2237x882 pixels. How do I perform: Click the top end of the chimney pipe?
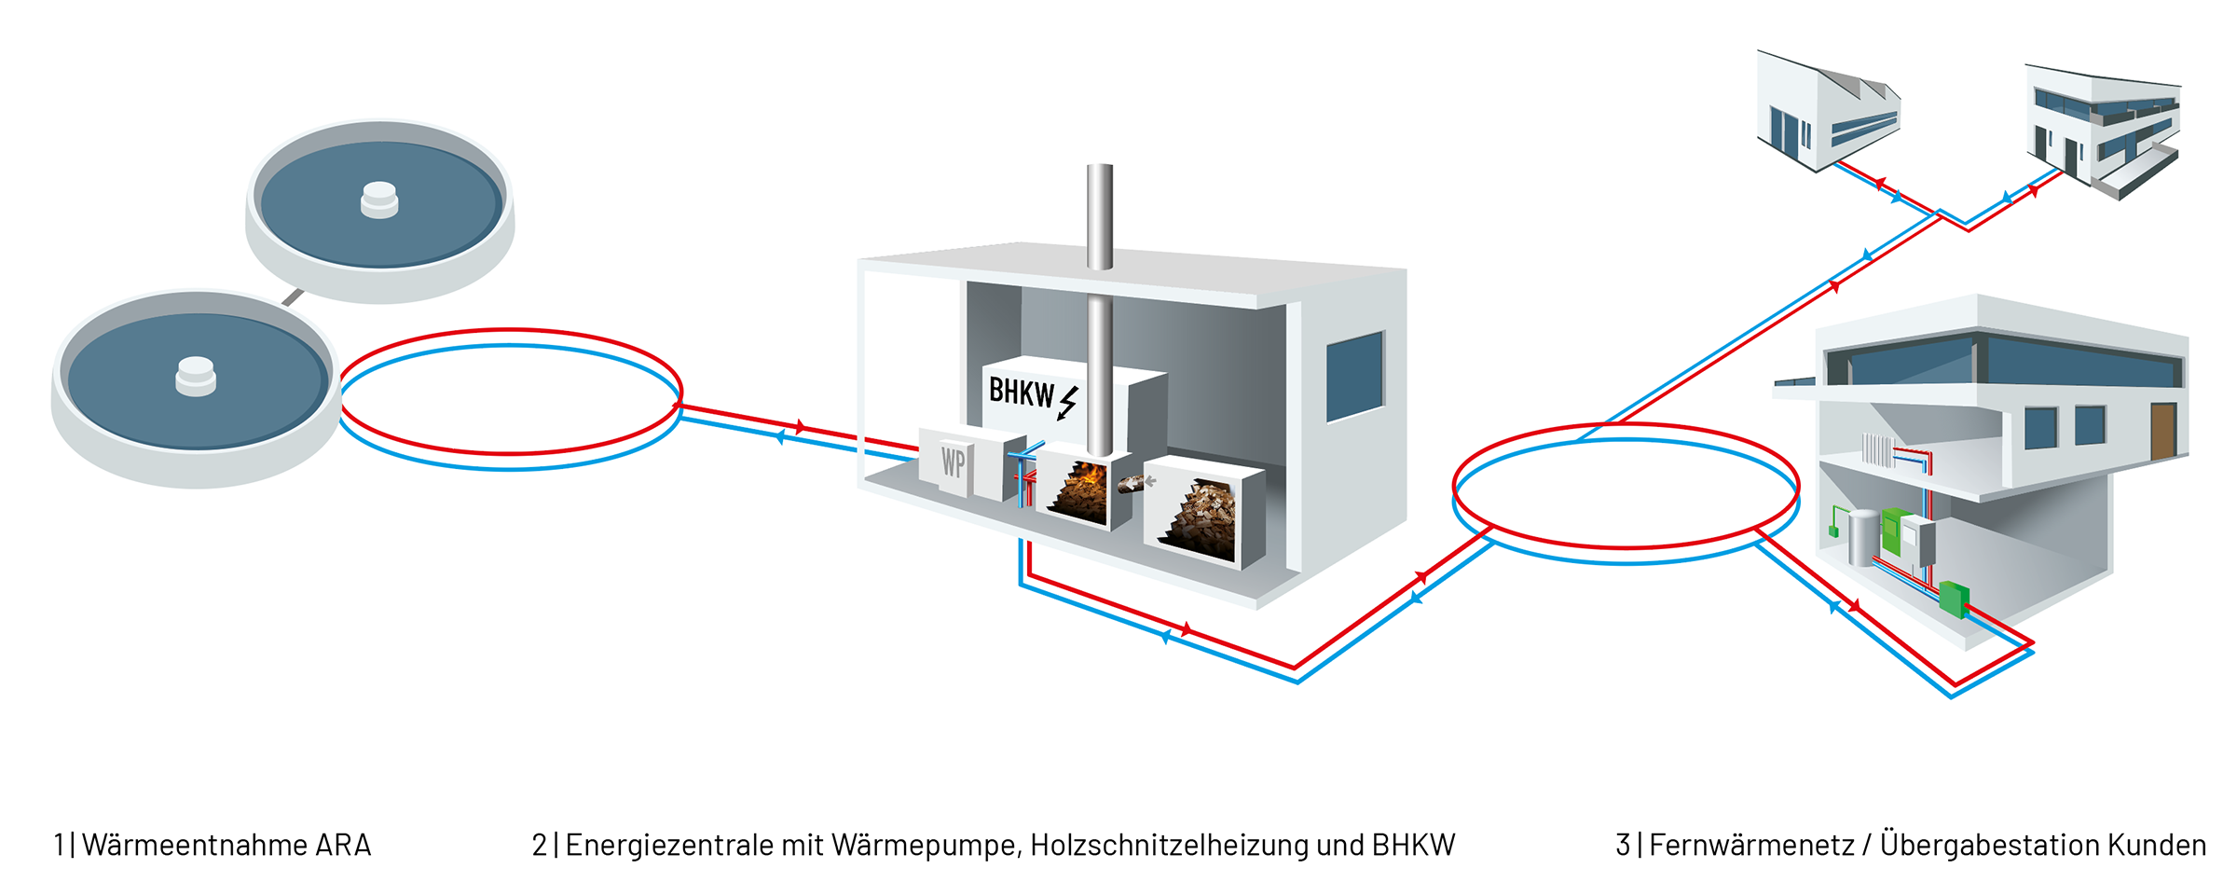[1100, 166]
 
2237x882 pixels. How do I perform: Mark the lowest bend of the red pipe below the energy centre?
[1295, 667]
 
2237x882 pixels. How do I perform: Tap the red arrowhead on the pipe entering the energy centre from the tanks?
[800, 427]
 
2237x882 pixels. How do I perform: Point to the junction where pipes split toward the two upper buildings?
[1940, 214]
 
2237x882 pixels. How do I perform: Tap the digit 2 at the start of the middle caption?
[540, 845]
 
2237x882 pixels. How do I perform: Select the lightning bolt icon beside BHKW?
[1068, 403]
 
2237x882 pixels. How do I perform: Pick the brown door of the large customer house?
[2163, 431]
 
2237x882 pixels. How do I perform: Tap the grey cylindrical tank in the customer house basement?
[1863, 537]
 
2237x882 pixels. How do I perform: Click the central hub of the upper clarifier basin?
[379, 200]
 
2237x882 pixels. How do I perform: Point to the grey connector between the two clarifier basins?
[293, 297]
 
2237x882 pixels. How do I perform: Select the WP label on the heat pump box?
[953, 462]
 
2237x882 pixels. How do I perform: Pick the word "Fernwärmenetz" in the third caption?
[1752, 845]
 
